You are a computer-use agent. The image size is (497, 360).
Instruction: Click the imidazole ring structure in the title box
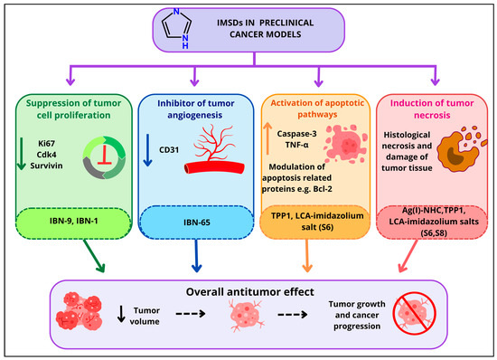point(177,29)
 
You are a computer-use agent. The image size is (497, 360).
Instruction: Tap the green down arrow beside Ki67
point(22,154)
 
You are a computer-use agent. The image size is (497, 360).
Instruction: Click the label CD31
point(169,150)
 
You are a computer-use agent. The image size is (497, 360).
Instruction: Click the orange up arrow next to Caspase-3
point(267,138)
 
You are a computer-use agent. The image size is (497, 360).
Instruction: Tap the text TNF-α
point(296,145)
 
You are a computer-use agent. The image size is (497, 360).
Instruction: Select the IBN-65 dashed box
point(197,223)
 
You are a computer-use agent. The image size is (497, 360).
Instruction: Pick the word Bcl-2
point(323,189)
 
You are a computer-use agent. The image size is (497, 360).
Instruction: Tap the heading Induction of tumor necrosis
point(432,109)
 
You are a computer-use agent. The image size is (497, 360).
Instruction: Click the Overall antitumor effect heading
point(249,292)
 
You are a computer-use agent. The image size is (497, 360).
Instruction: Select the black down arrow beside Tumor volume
point(121,314)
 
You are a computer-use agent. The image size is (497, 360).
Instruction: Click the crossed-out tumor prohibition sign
point(415,313)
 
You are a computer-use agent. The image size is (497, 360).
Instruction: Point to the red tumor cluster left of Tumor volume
point(80,311)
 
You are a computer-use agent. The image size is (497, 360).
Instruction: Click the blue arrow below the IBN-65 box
point(196,255)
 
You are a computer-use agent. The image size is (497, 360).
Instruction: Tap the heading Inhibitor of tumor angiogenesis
point(195,109)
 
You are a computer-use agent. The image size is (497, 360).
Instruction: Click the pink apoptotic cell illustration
point(346,143)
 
